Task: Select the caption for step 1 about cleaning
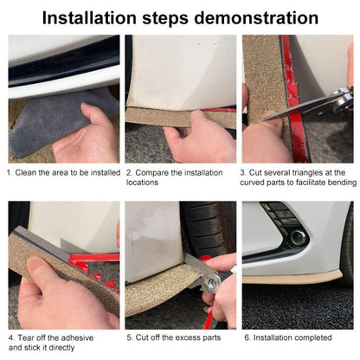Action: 62,172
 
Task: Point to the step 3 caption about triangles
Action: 299,177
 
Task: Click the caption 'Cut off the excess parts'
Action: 177,337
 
